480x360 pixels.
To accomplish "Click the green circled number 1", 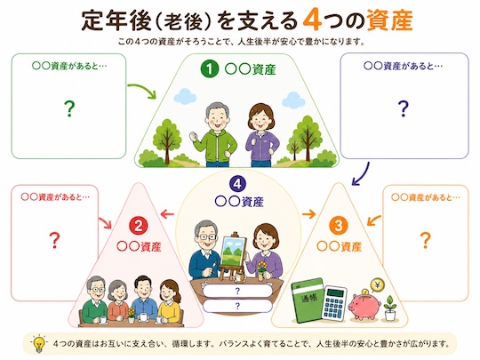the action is (210, 68).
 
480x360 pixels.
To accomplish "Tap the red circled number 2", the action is (139, 227).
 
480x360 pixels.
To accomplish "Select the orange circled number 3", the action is (339, 227).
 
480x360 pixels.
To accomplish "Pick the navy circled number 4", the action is (237, 185).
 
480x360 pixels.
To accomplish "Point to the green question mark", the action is (69, 109).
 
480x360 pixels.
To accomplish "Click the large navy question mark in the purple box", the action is (404, 108).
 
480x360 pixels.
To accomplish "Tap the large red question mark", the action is (54, 240).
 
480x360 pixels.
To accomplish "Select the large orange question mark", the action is (426, 240).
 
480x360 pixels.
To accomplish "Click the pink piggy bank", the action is (364, 305).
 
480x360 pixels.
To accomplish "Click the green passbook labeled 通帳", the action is (308, 300).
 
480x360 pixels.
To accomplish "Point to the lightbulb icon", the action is (39, 343).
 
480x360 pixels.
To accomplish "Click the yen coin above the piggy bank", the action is (377, 285).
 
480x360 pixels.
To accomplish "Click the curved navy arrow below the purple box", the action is (361, 174).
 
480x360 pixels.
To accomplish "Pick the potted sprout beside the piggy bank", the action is (389, 308).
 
